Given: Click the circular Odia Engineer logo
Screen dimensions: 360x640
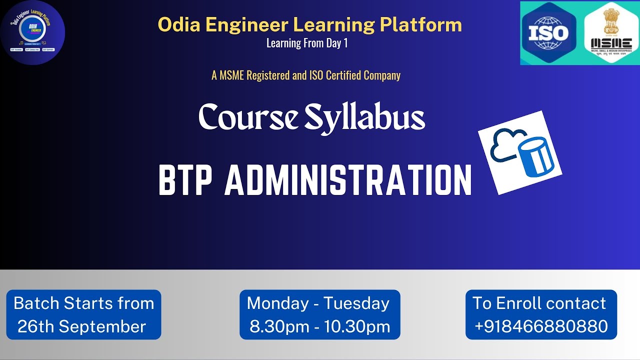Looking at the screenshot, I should pyautogui.click(x=33, y=33).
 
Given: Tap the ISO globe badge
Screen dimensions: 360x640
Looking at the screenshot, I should pyautogui.click(x=548, y=33).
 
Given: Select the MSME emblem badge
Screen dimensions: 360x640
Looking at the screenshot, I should pyautogui.click(x=611, y=33).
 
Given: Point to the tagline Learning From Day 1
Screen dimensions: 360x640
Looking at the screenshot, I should pyautogui.click(x=306, y=43).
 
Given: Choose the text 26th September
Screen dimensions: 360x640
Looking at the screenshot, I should pyautogui.click(x=81, y=326).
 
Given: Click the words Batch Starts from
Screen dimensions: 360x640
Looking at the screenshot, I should pyautogui.click(x=83, y=303).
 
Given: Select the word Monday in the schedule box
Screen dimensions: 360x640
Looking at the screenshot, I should pyautogui.click(x=277, y=303).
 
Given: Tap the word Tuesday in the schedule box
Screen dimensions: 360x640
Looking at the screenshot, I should pyautogui.click(x=356, y=303).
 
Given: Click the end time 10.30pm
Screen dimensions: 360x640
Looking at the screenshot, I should pyautogui.click(x=357, y=326).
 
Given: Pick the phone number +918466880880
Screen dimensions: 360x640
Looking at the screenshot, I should pyautogui.click(x=541, y=326).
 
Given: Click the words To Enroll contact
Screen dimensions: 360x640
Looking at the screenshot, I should pyautogui.click(x=539, y=303).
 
